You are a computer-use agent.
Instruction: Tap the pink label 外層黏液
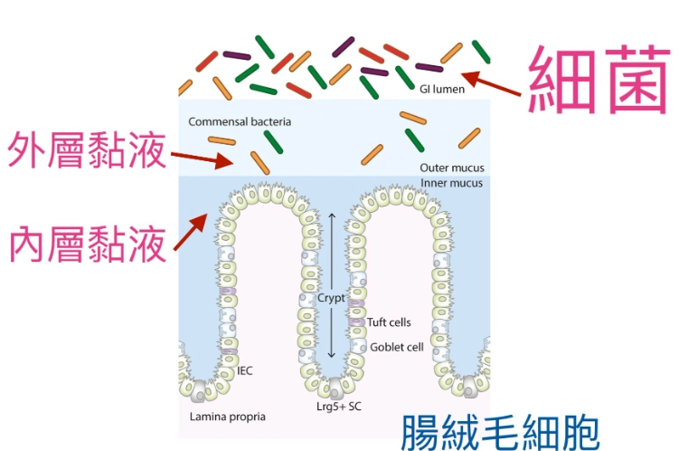point(87,153)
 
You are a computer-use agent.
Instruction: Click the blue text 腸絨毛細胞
point(499,430)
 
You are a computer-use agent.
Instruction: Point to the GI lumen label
point(442,89)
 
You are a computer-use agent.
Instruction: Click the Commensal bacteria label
point(240,121)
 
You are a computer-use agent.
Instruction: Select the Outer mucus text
point(451,168)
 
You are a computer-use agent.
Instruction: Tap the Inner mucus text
point(451,183)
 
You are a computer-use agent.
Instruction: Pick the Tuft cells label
point(389,321)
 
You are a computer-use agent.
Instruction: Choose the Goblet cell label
point(396,347)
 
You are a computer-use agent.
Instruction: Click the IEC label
point(244,370)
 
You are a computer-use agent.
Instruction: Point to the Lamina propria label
point(227,417)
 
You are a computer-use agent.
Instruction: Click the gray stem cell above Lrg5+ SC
point(335,387)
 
